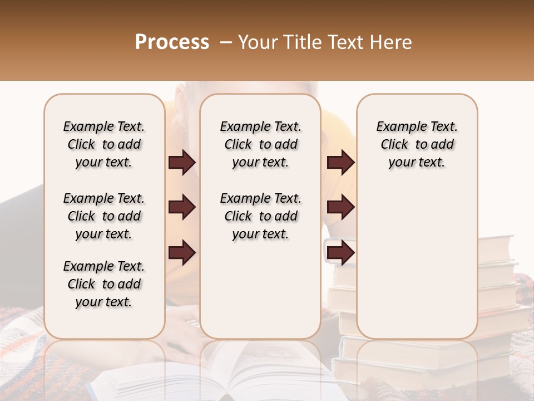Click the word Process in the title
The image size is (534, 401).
(172, 42)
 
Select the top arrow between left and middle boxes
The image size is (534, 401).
(182, 163)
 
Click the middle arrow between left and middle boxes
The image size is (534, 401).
(182, 207)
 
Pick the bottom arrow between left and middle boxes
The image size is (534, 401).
(182, 252)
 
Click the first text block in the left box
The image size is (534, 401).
(104, 144)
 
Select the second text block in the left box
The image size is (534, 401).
(104, 216)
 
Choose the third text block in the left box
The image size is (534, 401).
(104, 284)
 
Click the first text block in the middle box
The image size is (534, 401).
(260, 144)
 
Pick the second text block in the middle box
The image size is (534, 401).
(260, 216)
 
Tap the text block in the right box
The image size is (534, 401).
(417, 144)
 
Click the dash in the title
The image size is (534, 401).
(226, 42)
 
